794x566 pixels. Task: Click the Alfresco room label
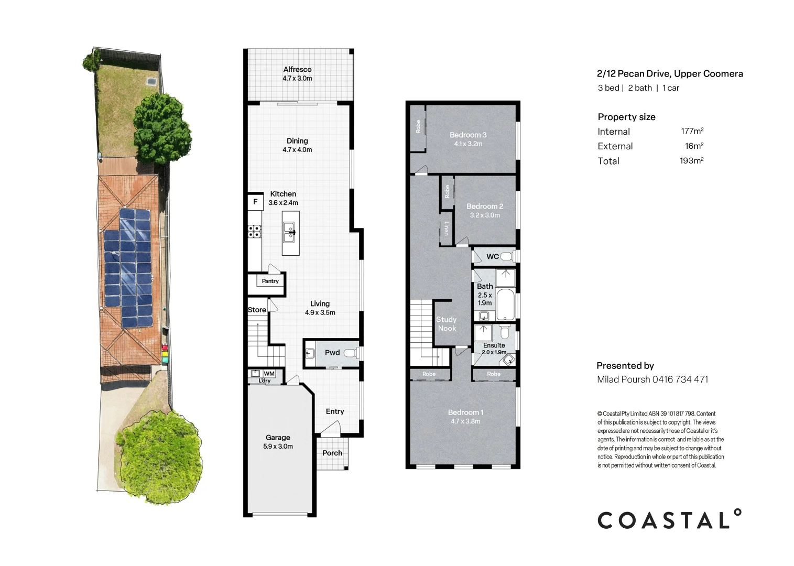[297, 69]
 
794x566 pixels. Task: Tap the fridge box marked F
[255, 202]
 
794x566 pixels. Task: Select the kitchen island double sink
[290, 232]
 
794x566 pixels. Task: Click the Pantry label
[270, 281]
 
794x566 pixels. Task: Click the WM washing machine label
[269, 374]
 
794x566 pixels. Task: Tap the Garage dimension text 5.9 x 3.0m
[278, 447]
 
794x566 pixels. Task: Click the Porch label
[332, 453]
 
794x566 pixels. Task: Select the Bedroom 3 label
[468, 135]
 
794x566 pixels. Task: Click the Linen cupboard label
[447, 228]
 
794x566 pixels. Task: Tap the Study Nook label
[447, 324]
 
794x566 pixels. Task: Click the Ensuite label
[494, 345]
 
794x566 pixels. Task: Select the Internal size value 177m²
[692, 131]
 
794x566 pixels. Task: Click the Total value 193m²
[691, 161]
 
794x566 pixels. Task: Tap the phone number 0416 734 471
[680, 379]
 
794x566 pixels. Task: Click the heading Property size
[626, 117]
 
